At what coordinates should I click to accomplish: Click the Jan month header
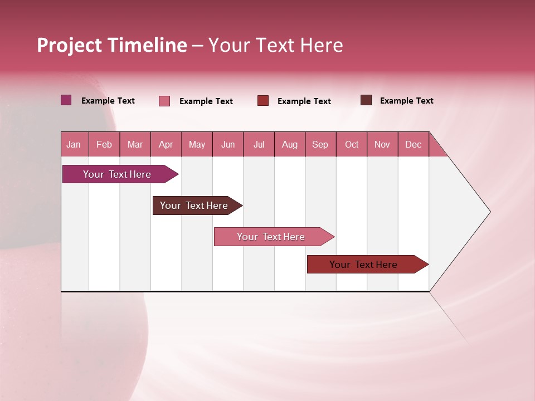[x=74, y=144]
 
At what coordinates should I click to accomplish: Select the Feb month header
[x=104, y=144]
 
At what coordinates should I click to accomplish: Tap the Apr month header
[x=166, y=144]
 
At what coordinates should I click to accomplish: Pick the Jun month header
[x=228, y=144]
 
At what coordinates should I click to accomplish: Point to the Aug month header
[x=289, y=144]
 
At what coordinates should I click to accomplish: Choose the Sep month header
[x=320, y=144]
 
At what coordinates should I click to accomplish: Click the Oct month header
[x=352, y=144]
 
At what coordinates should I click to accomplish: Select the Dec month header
[x=413, y=144]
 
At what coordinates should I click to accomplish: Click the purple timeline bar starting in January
[x=117, y=174]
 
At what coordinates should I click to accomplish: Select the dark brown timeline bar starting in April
[x=194, y=206]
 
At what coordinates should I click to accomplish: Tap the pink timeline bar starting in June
[x=271, y=237]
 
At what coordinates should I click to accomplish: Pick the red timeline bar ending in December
[x=363, y=265]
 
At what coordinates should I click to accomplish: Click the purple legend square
[x=66, y=100]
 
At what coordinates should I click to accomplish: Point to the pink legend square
[x=164, y=101]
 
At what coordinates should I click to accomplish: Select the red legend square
[x=263, y=101]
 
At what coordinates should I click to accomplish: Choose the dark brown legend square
[x=366, y=100]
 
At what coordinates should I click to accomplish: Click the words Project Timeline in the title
[x=112, y=45]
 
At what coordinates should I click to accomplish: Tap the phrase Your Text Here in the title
[x=275, y=45]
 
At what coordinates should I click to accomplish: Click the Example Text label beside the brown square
[x=406, y=101]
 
